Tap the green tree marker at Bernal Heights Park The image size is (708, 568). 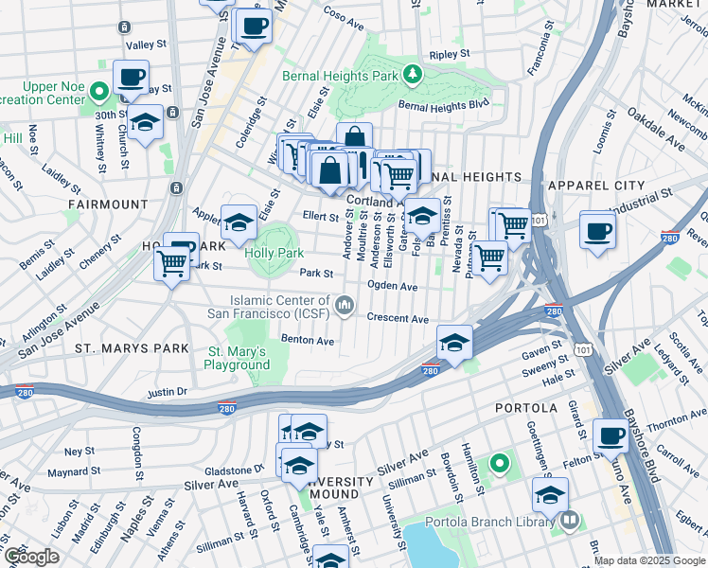point(412,73)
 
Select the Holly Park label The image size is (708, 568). point(274,253)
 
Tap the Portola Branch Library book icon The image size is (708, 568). point(570,519)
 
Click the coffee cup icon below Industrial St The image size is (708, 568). point(597,231)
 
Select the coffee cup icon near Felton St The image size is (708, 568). point(611,436)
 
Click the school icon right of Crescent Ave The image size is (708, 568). point(454,342)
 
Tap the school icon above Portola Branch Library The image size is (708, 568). point(550,494)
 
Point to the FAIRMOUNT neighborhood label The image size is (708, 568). point(107,204)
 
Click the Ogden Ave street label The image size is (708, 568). point(393,286)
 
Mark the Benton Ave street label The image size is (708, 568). point(308,340)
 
